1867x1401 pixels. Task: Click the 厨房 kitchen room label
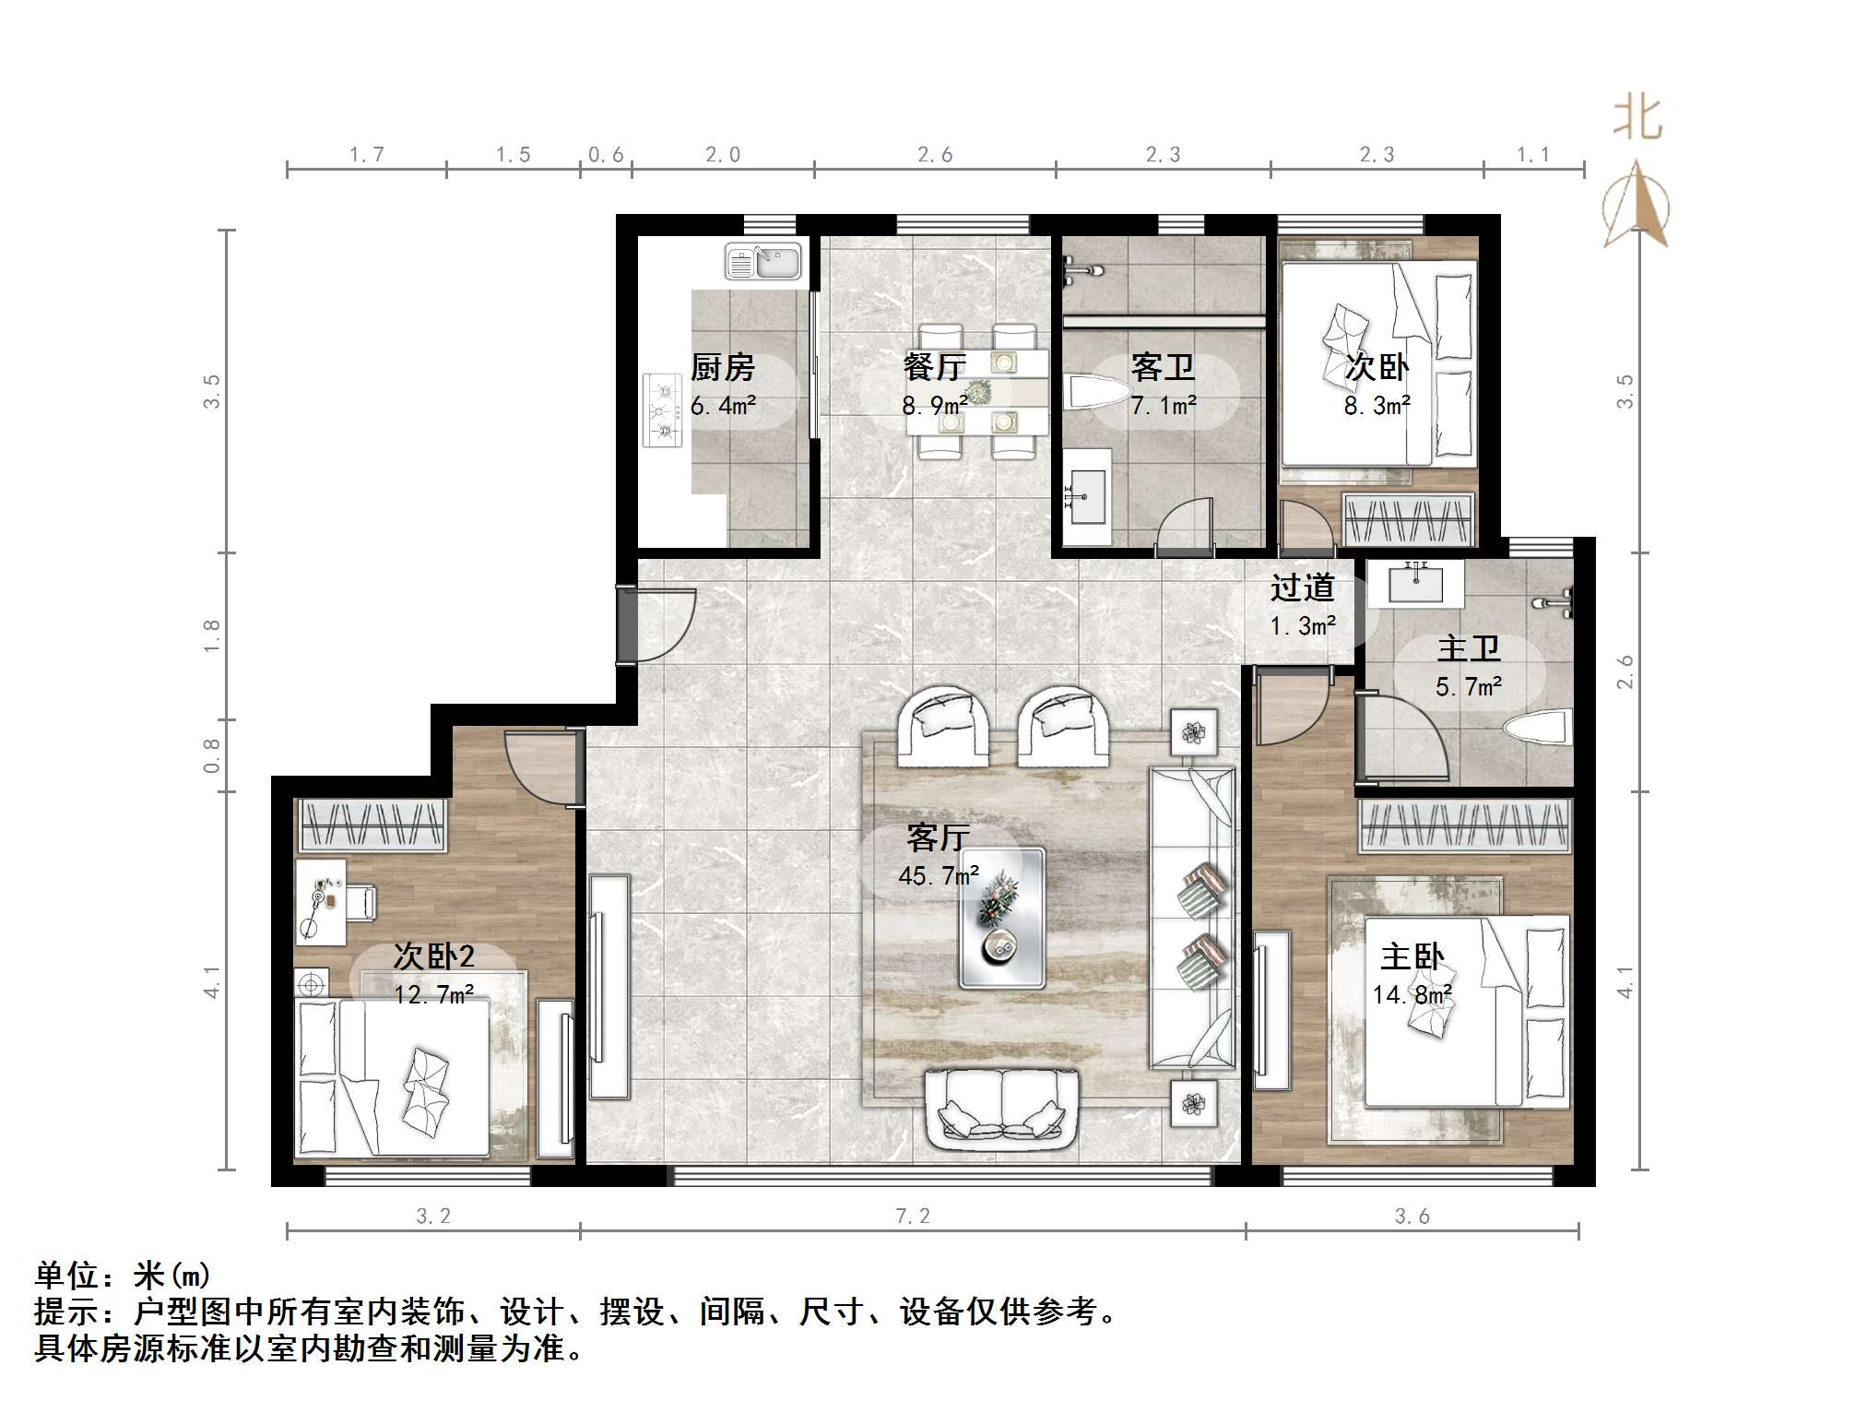[x=722, y=368]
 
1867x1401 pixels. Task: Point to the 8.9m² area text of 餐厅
[x=934, y=405]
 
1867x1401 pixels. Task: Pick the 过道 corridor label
[x=1302, y=588]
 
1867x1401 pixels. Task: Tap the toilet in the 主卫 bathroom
[x=1539, y=728]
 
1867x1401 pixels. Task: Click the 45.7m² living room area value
[x=938, y=875]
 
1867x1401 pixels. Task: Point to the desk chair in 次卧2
[x=360, y=901]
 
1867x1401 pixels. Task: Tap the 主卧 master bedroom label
[x=1412, y=956]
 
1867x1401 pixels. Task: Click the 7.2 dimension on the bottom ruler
[x=913, y=1217]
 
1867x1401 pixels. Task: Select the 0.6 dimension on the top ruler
[x=606, y=155]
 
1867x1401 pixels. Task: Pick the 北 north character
[x=1637, y=118]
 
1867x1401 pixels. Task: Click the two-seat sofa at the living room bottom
[x=1002, y=1110]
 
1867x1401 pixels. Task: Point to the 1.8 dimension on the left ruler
[x=213, y=636]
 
